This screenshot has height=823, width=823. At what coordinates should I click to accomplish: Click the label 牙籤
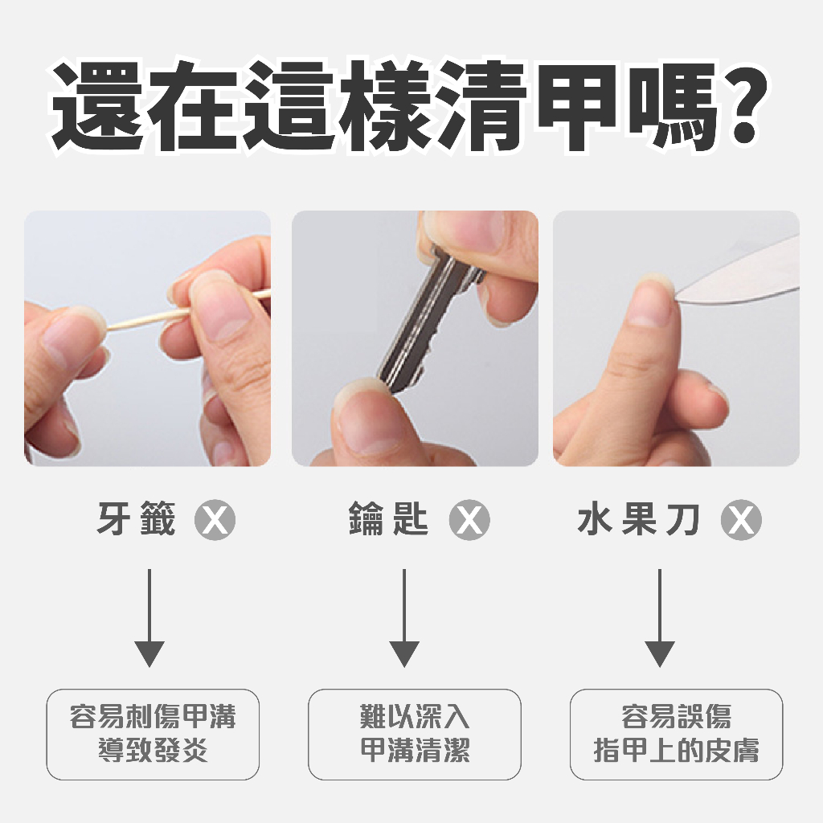pyautogui.click(x=136, y=521)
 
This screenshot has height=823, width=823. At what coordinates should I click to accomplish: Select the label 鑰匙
pyautogui.click(x=389, y=521)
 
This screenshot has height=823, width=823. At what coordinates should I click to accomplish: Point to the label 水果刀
pyautogui.click(x=639, y=521)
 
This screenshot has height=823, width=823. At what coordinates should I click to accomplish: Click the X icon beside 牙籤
pyautogui.click(x=215, y=522)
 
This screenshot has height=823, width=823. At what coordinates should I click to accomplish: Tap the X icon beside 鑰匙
pyautogui.click(x=469, y=522)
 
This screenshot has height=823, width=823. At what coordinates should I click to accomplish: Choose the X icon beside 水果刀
pyautogui.click(x=741, y=522)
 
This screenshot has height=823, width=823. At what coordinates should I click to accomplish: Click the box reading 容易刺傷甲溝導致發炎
pyautogui.click(x=153, y=734)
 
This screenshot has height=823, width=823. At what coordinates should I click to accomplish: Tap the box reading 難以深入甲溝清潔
pyautogui.click(x=415, y=734)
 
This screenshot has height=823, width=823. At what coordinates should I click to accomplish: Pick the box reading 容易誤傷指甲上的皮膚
pyautogui.click(x=676, y=734)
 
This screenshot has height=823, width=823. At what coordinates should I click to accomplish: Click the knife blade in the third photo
pyautogui.click(x=747, y=273)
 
